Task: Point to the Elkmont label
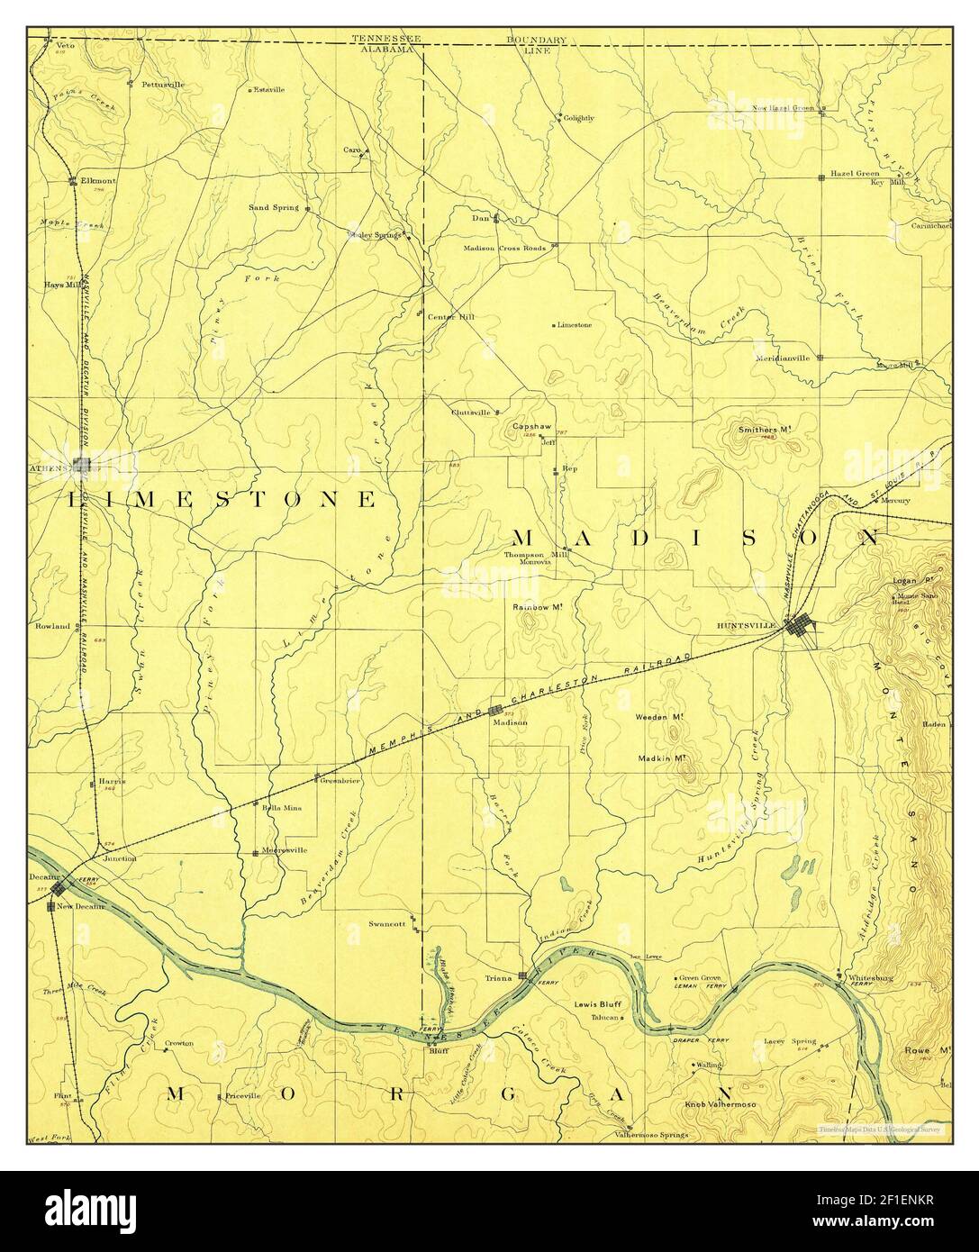pos(94,180)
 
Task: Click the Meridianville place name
pos(784,358)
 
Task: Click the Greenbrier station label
pos(340,781)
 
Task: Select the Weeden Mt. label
pos(662,718)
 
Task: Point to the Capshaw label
pos(531,426)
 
